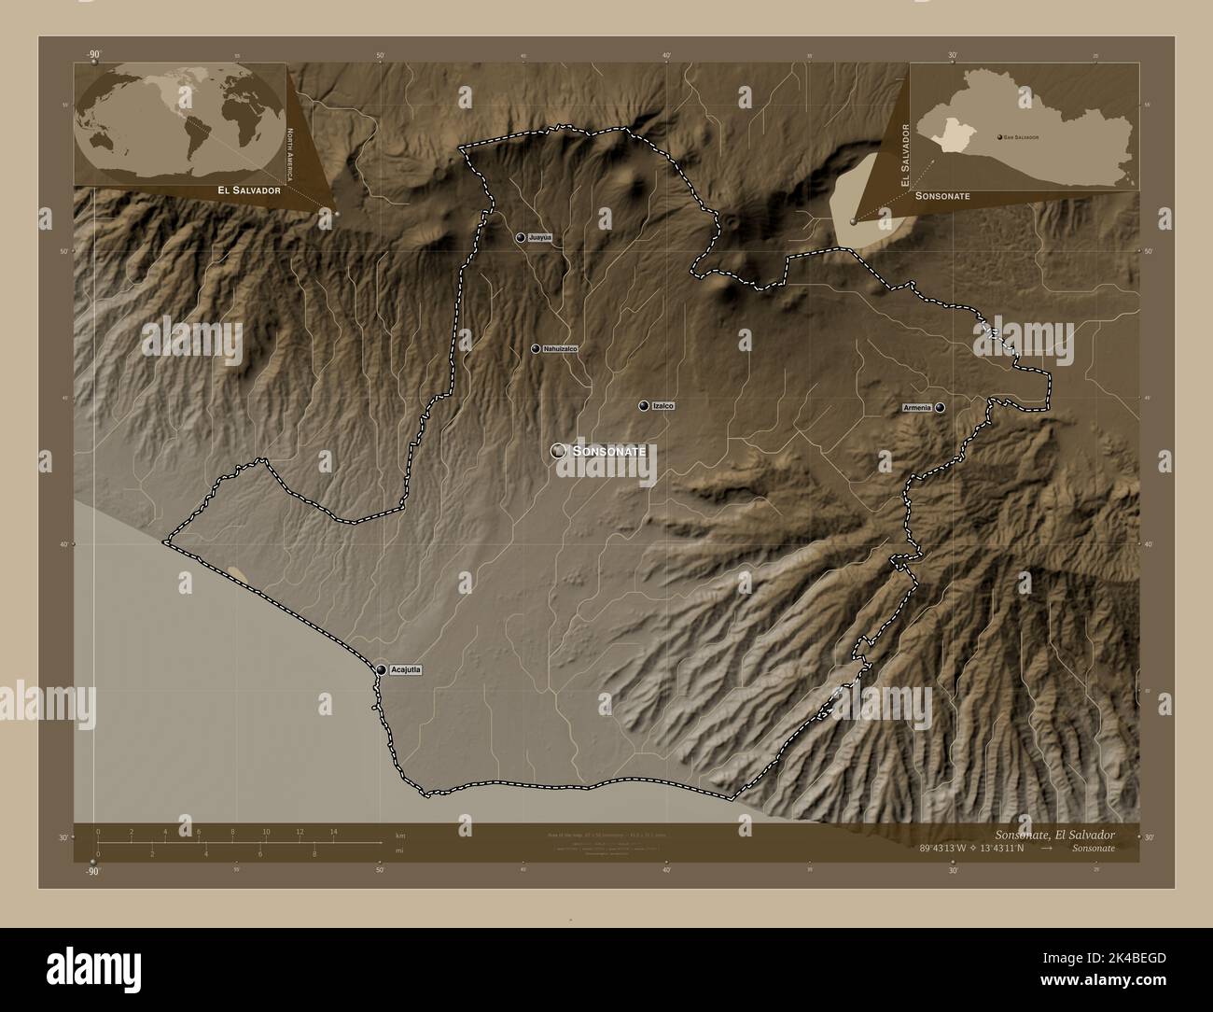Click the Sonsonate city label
coord(609,451)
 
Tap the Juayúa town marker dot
coord(520,238)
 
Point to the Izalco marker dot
coord(644,406)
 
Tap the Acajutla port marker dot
coord(382,669)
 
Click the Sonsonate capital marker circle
coord(559,451)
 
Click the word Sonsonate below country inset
coord(943,196)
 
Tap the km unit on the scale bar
coord(400,835)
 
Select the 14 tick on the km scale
coord(332,831)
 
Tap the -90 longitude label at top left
coord(93,55)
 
